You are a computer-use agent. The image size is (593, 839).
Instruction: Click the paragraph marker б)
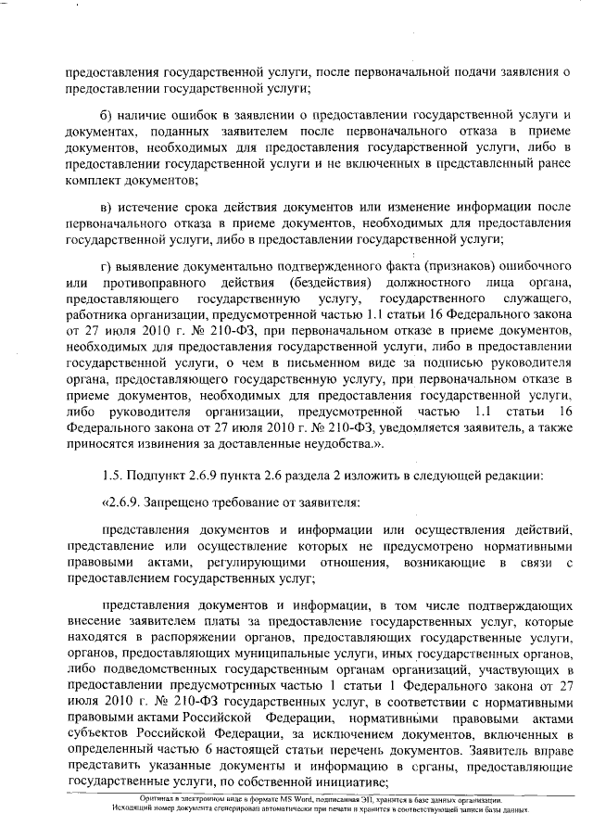105,114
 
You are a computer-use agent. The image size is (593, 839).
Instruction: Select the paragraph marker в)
105,206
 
